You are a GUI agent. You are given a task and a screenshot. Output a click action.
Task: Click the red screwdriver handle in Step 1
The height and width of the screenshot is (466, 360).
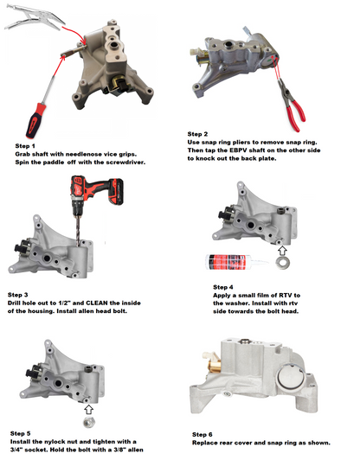tap(36, 120)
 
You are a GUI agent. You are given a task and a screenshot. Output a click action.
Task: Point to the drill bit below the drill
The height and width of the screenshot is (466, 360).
tap(79, 231)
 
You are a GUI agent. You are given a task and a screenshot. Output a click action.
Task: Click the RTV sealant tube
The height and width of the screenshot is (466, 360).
tap(236, 262)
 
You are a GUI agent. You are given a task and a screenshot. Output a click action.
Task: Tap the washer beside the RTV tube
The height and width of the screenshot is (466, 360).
tap(282, 263)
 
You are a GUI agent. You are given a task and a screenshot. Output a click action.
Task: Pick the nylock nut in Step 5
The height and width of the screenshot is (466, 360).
tap(87, 422)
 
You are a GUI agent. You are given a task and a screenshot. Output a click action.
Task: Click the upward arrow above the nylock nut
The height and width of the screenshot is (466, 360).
tap(88, 410)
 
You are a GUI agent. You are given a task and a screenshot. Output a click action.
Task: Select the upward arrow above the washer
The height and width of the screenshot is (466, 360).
tap(282, 251)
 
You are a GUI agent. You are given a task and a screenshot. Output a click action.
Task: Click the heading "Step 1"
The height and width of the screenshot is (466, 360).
tap(25, 146)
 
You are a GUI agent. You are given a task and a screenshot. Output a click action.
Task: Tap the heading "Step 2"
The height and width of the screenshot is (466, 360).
tap(197, 134)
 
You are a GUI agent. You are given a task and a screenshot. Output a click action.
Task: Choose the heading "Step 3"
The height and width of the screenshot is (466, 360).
tap(18, 295)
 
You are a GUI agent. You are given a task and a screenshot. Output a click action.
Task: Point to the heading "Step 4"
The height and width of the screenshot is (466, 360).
tap(223, 287)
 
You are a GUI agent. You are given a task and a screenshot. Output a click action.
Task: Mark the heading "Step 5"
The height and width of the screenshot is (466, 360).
tap(20, 433)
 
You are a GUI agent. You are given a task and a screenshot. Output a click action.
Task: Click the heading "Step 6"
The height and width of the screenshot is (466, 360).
tap(202, 435)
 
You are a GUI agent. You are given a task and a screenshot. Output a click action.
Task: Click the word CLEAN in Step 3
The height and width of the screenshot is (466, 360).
tap(97, 303)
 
